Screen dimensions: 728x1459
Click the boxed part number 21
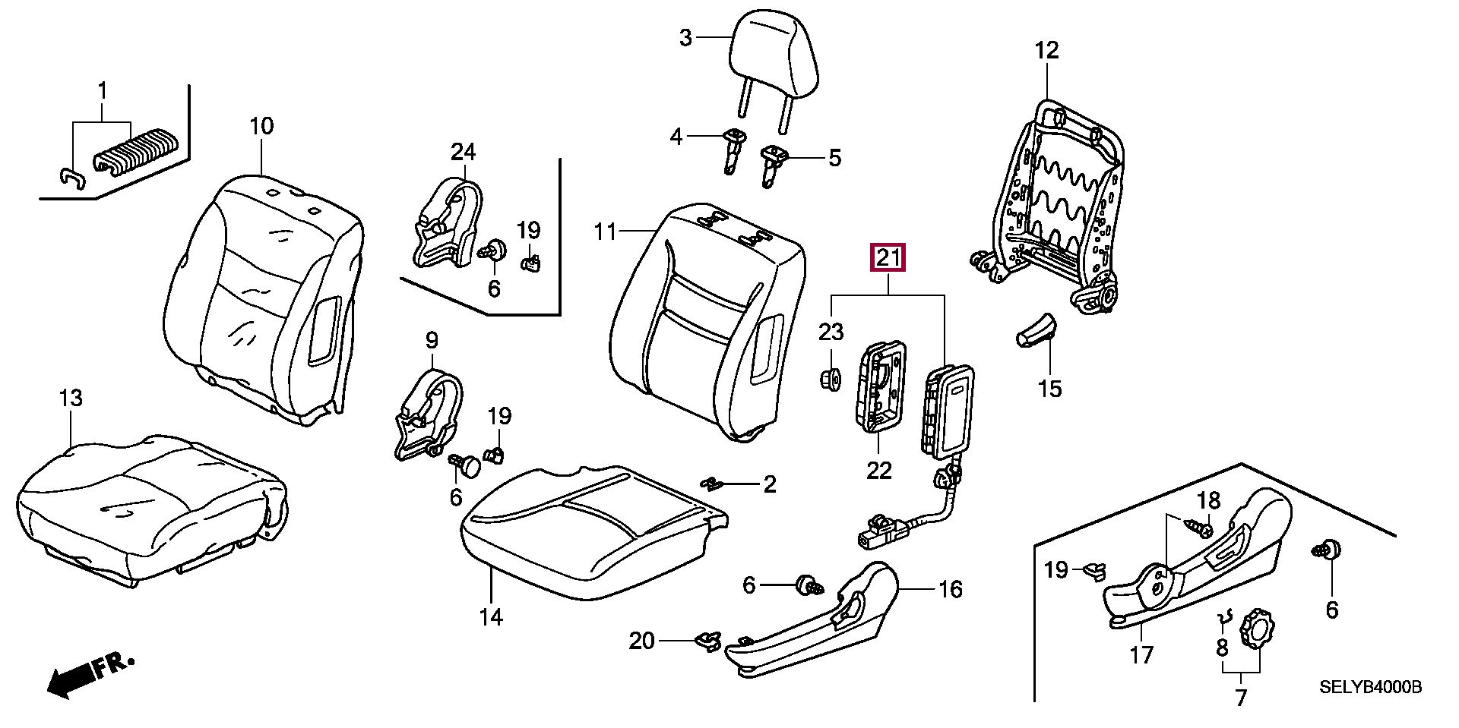click(888, 258)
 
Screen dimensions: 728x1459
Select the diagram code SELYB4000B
click(1369, 688)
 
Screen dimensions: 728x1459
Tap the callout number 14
click(491, 617)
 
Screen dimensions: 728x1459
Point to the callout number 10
click(261, 126)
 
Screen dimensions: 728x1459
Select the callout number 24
click(463, 152)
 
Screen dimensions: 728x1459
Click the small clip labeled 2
click(713, 484)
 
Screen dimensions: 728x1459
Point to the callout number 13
click(71, 399)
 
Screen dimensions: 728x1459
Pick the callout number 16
click(951, 589)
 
